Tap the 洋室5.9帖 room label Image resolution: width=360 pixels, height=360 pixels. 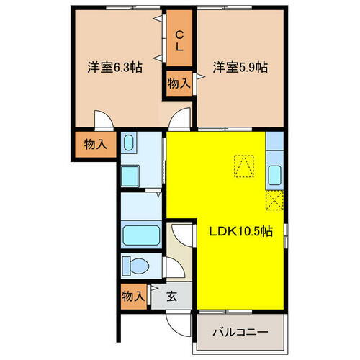pyautogui.click(x=240, y=67)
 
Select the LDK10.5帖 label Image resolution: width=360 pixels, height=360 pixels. pyautogui.click(x=240, y=232)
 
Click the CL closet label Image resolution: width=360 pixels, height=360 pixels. pyautogui.click(x=180, y=40)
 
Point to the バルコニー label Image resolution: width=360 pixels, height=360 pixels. pyautogui.click(x=241, y=333)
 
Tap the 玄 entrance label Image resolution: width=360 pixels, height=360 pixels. pyautogui.click(x=171, y=295)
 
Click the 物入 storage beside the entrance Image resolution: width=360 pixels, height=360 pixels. pyautogui.click(x=133, y=295)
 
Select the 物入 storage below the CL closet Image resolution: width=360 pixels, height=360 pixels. pyautogui.click(x=179, y=83)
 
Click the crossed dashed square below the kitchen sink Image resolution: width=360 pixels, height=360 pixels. pyautogui.click(x=275, y=200)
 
